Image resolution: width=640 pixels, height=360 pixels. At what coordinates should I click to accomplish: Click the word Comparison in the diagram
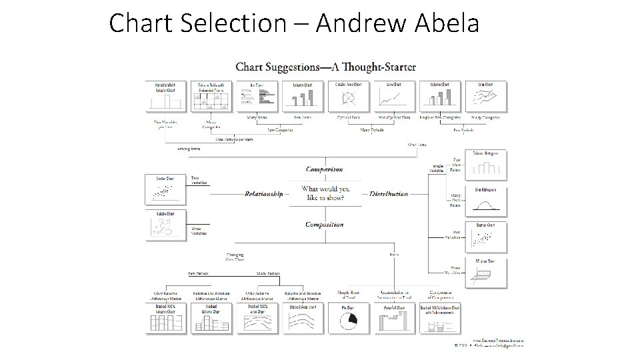pyautogui.click(x=325, y=169)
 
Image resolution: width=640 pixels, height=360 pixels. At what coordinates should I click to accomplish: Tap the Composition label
pyautogui.click(x=325, y=225)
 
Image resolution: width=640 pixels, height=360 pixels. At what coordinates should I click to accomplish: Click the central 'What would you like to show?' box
pyautogui.click(x=325, y=193)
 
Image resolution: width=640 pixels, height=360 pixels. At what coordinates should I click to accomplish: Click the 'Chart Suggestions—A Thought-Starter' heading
pyautogui.click(x=326, y=67)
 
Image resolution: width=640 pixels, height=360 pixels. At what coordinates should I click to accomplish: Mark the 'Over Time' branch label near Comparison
pyautogui.click(x=417, y=144)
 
